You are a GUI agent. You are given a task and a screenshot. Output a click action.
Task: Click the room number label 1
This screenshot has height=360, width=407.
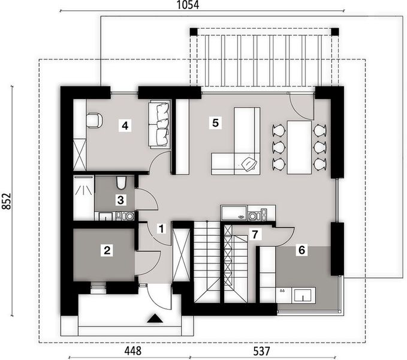(x=160, y=228)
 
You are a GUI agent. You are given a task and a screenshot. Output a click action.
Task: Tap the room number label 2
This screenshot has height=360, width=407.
(x=107, y=251)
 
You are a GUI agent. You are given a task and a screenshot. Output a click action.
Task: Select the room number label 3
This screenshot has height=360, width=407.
(x=120, y=200)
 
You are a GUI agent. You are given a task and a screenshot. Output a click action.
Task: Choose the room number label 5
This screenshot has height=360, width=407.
(x=215, y=123)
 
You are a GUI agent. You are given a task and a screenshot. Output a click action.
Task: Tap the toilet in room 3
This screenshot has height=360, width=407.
(x=121, y=182)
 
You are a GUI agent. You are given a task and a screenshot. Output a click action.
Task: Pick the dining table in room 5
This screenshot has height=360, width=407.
(x=298, y=147)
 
